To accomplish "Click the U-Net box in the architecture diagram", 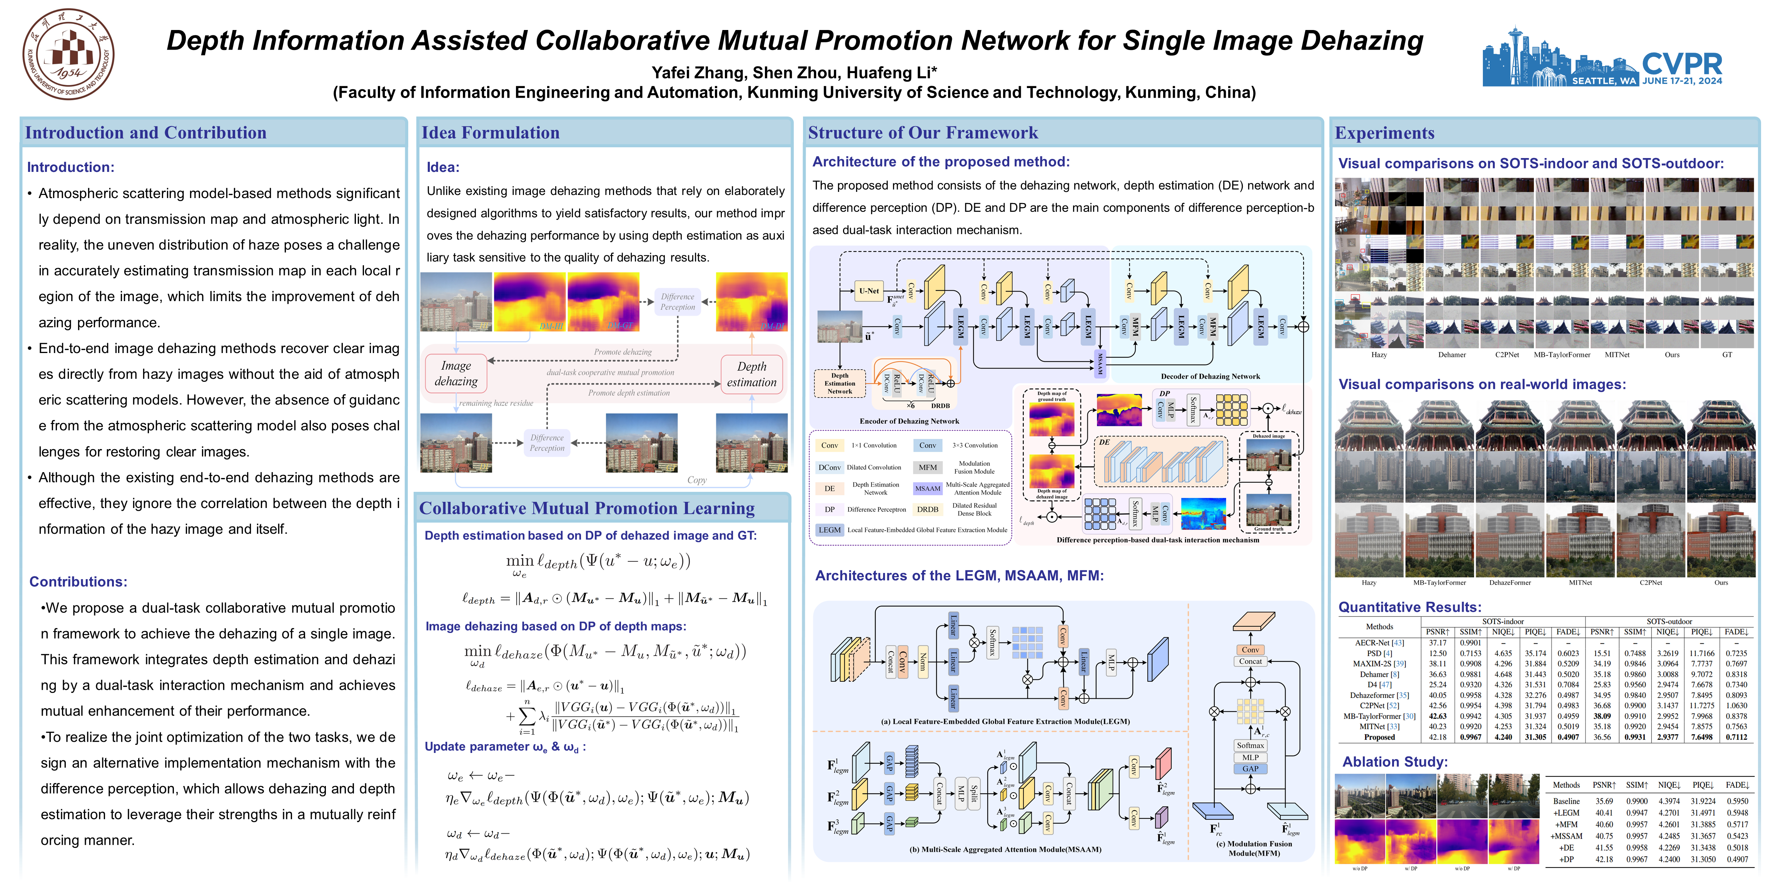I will coord(868,291).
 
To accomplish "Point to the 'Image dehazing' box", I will coord(456,373).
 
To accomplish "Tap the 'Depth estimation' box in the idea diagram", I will coord(751,374).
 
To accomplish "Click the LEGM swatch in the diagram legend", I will coord(830,530).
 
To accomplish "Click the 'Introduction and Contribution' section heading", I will coord(146,133).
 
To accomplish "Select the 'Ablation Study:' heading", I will coord(1394,761).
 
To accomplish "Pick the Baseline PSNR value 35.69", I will coord(1604,801).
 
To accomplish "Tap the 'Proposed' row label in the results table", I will coord(1379,737).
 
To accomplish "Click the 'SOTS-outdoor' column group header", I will coord(1669,621).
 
